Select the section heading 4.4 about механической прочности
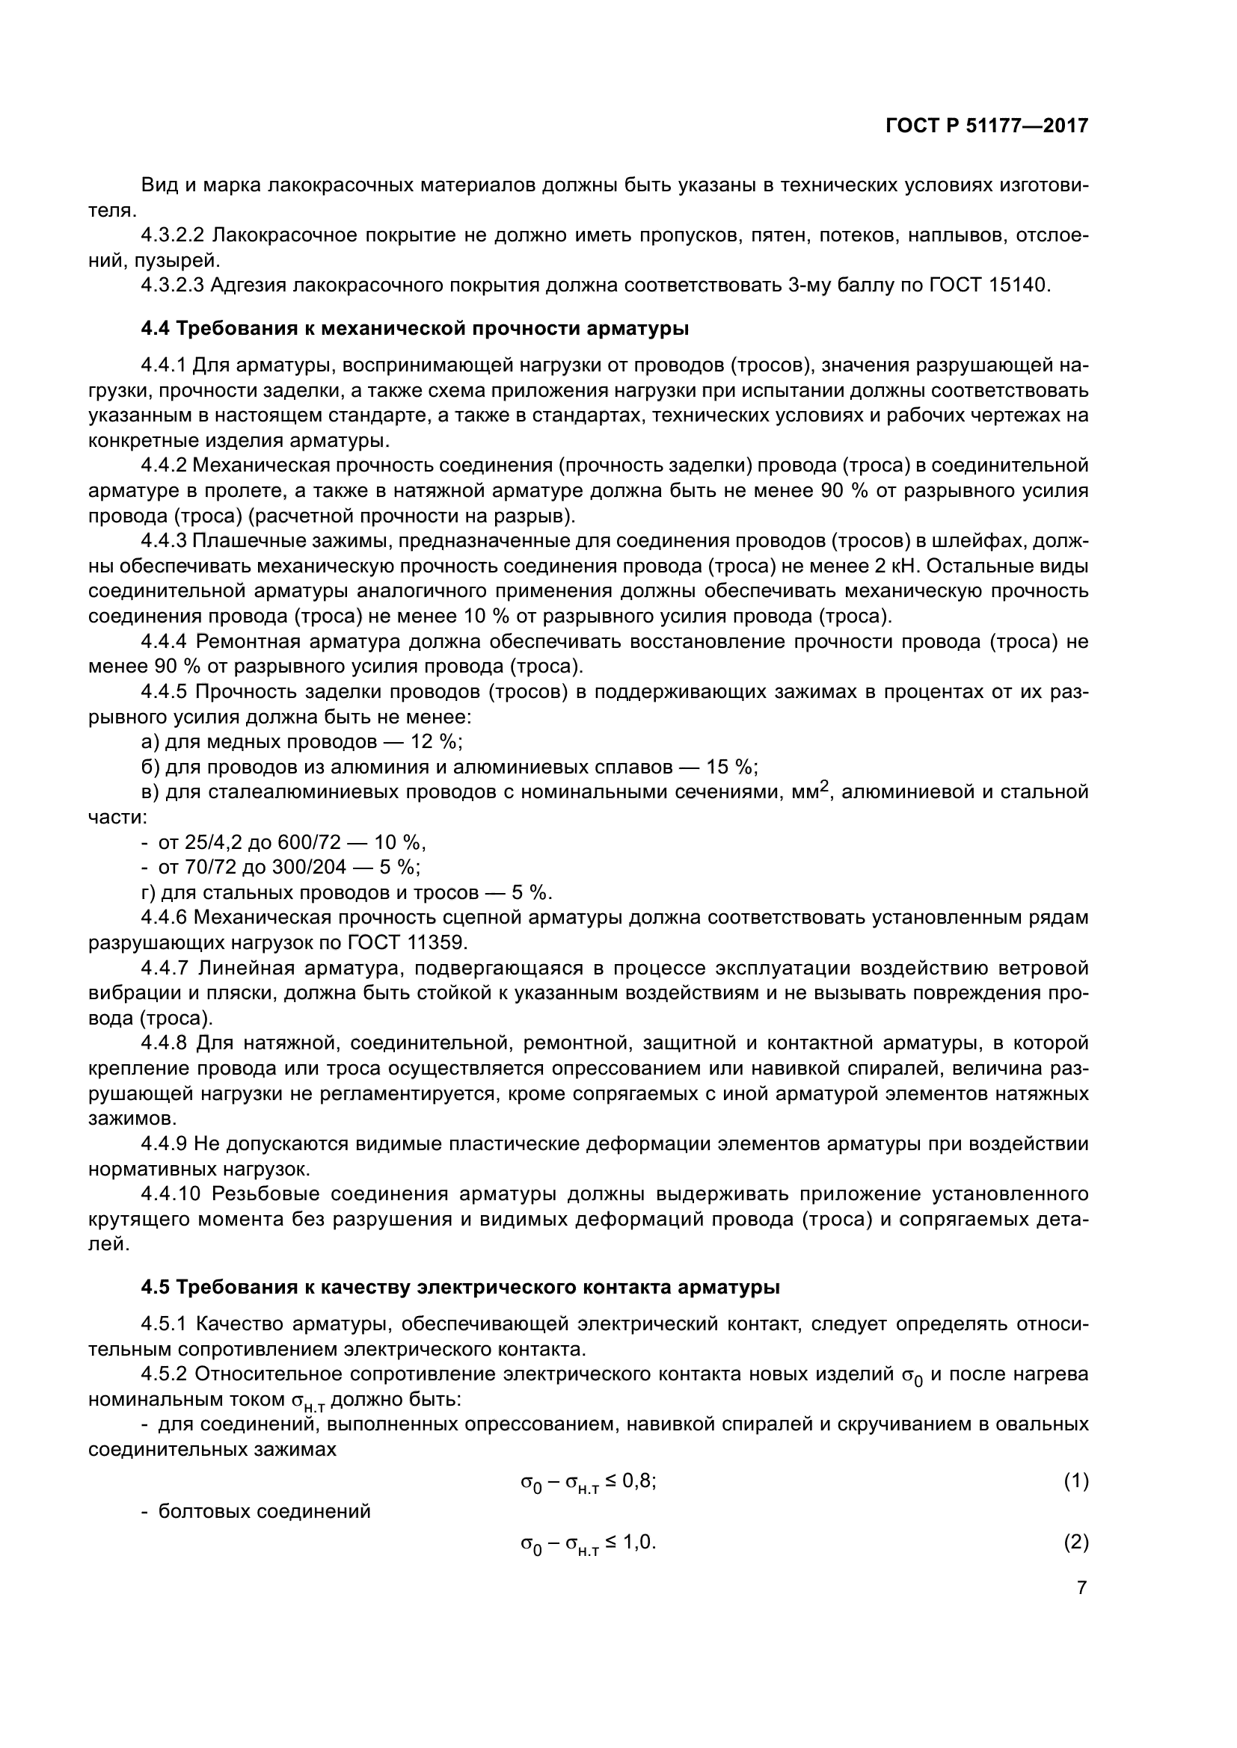tap(415, 329)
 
